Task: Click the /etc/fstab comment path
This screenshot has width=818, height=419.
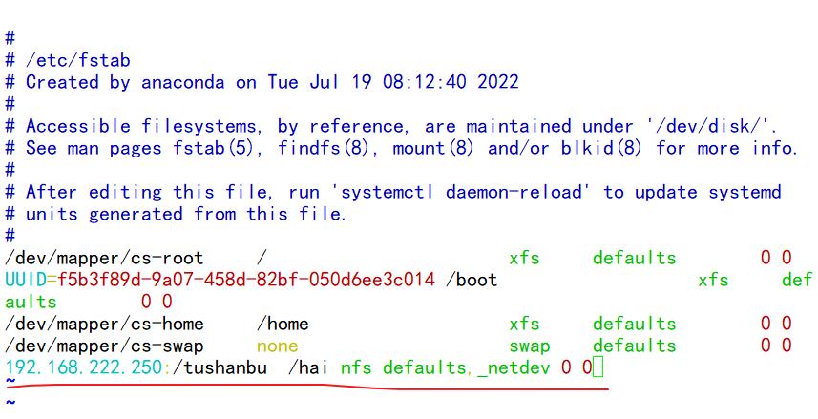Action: pyautogui.click(x=78, y=60)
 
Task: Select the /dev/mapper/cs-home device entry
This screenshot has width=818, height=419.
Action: pyautogui.click(x=104, y=324)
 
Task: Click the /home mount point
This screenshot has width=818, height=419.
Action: pyautogui.click(x=283, y=324)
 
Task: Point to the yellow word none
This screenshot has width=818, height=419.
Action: pyautogui.click(x=277, y=346)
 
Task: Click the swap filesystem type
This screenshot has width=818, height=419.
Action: pyautogui.click(x=529, y=346)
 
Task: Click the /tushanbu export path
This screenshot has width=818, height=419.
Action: pyautogui.click(x=220, y=367)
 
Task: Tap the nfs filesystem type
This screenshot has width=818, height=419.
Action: pyautogui.click(x=356, y=367)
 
